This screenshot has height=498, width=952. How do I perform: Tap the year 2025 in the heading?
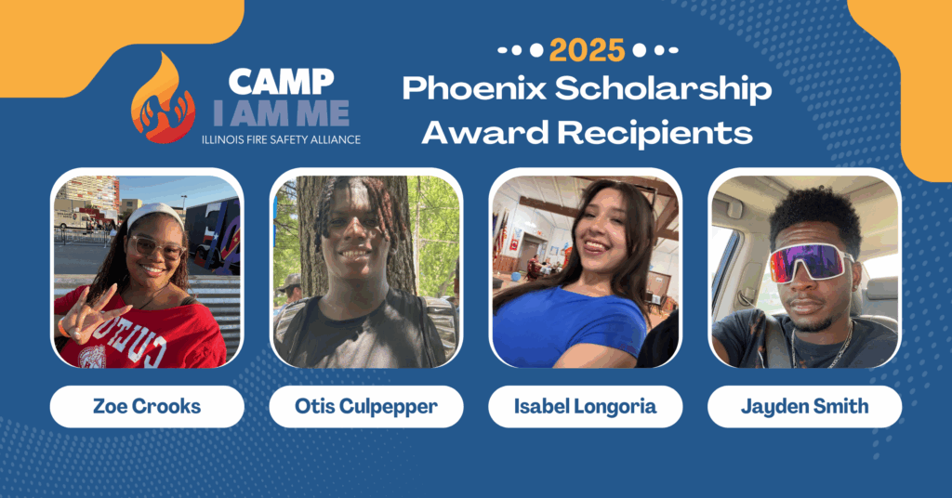[587, 50]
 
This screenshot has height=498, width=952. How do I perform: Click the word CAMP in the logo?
[281, 81]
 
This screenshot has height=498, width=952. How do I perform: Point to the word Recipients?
[655, 132]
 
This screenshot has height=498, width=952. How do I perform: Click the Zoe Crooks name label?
[147, 406]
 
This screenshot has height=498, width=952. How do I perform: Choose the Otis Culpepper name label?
[366, 406]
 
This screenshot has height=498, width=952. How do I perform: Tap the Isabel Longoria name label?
[586, 406]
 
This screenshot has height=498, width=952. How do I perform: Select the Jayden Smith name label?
[804, 406]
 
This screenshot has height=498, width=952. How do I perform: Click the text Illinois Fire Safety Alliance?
[281, 139]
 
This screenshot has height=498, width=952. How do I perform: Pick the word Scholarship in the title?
[663, 88]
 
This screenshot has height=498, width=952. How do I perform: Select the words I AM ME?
[281, 112]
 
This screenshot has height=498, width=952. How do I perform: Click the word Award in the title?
[485, 132]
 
